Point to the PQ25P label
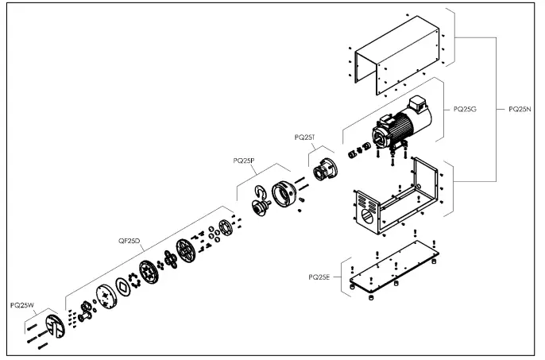click(244, 160)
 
